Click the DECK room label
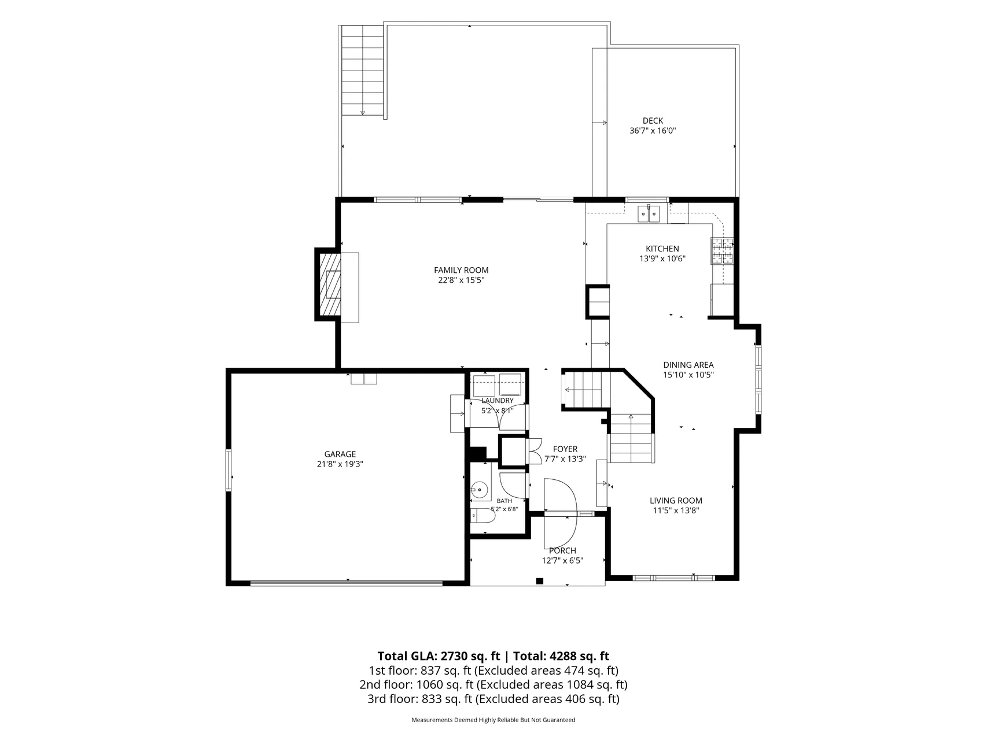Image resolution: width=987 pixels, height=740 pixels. coord(653,121)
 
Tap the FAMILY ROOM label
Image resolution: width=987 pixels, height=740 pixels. coord(461,270)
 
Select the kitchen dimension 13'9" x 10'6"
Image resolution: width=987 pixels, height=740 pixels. coord(662,258)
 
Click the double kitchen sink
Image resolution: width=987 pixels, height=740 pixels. coord(650,213)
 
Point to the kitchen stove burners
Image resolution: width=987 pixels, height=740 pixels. coord(722,251)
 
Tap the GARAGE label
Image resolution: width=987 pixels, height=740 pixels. coord(340,454)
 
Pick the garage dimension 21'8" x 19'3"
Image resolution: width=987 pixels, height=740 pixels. coord(340,464)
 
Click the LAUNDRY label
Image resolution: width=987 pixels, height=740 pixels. coord(498,401)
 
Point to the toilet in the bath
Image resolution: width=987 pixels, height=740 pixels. coord(480,516)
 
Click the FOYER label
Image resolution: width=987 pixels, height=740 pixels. coord(565,449)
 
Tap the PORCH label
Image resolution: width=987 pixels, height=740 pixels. coord(562,551)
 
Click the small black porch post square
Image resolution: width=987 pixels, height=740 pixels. coord(540,581)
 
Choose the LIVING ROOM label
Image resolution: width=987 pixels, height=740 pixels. coord(676,501)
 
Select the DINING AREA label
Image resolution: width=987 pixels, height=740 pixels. coord(688,365)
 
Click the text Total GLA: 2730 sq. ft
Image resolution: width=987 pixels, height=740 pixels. coord(439,656)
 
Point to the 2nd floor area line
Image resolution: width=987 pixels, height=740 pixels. coord(493,685)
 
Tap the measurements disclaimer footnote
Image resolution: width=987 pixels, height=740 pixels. coord(493,720)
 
